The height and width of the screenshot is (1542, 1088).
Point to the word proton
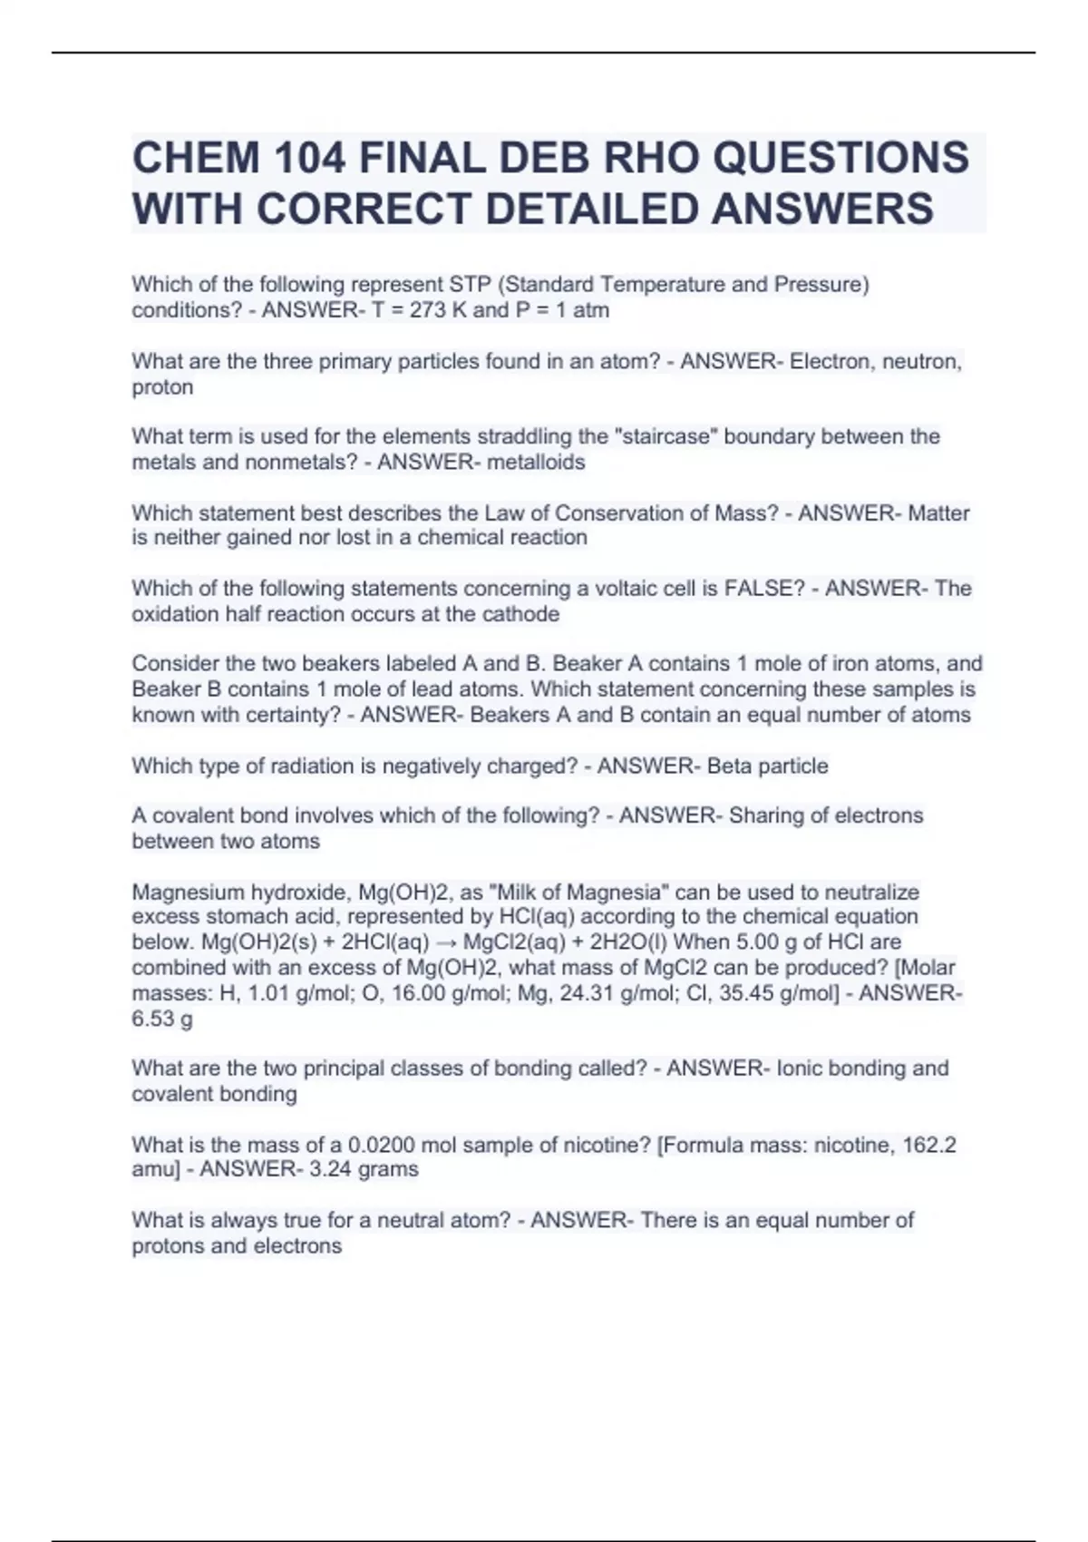[x=162, y=387]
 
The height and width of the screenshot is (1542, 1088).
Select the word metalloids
[x=536, y=462]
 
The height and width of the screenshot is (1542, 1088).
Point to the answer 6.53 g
[x=162, y=1019]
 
